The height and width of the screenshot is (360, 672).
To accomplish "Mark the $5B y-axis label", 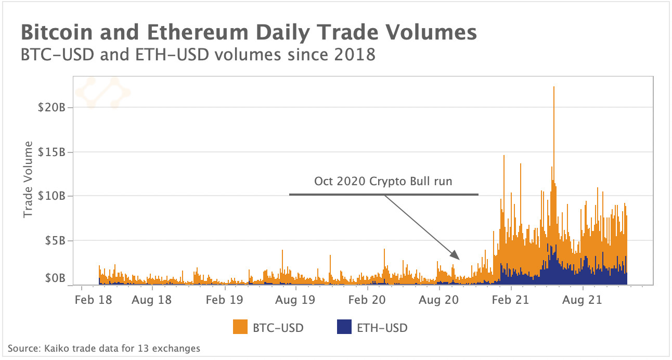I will [x=53, y=241].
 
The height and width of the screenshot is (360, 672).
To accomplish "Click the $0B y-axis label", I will [x=53, y=278].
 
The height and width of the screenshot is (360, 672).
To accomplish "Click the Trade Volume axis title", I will [x=28, y=179].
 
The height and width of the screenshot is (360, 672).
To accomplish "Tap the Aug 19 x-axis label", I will [x=295, y=300].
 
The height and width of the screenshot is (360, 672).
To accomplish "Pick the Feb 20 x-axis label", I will [x=367, y=300].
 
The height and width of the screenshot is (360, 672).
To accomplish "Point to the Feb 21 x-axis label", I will [x=510, y=300].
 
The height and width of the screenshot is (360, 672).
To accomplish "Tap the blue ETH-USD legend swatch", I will [x=344, y=328].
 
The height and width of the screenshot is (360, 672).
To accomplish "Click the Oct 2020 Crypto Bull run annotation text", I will [x=383, y=182].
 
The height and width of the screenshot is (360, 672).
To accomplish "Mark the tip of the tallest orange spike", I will [x=554, y=87].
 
